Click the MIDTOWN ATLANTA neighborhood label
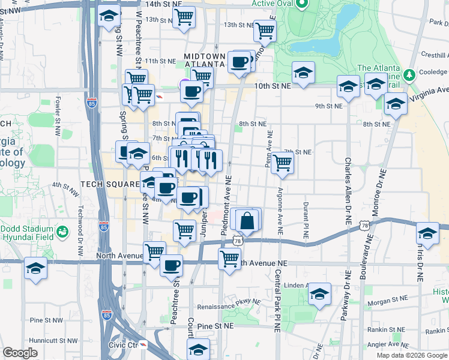pyautogui.click(x=205, y=61)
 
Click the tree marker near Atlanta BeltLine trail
pyautogui.click(x=409, y=75)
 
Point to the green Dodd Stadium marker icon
pyautogui.click(x=62, y=231)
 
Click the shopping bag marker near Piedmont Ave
pyautogui.click(x=246, y=220)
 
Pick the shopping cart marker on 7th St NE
pyautogui.click(x=282, y=161)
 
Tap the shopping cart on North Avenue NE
pyautogui.click(x=229, y=259)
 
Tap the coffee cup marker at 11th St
pyautogui.click(x=240, y=62)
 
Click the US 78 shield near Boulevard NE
pyautogui.click(x=364, y=225)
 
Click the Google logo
pyautogui.click(x=20, y=353)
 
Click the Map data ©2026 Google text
pyautogui.click(x=412, y=355)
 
